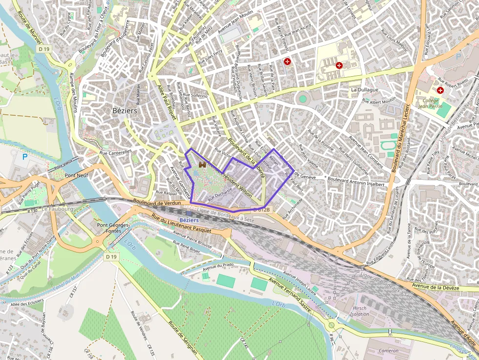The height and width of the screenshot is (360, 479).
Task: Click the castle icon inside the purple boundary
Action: click(202, 166)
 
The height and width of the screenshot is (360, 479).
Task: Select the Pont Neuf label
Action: click(76, 175)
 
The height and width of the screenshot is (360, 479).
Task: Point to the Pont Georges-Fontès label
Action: click(113, 228)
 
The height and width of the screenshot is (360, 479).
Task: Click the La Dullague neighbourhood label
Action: click(365, 90)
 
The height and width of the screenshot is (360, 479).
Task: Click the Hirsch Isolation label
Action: click(359, 311)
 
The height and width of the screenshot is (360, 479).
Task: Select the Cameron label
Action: click(389, 350)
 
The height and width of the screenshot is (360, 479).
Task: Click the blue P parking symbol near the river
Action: click(25, 157)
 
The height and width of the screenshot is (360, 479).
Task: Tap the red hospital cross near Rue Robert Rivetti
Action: click(440, 90)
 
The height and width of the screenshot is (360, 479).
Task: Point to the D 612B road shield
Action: click(261, 209)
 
